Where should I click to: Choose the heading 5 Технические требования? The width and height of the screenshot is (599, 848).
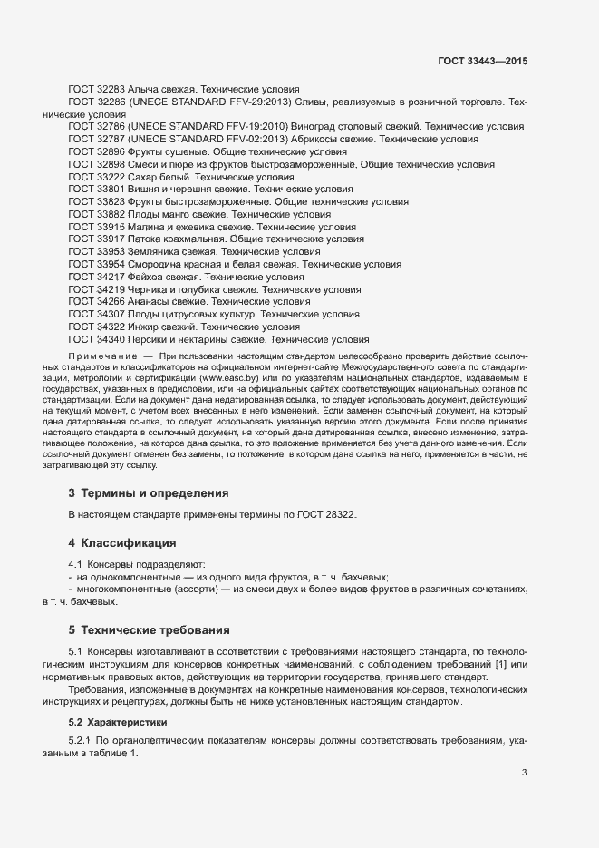point(149,629)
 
